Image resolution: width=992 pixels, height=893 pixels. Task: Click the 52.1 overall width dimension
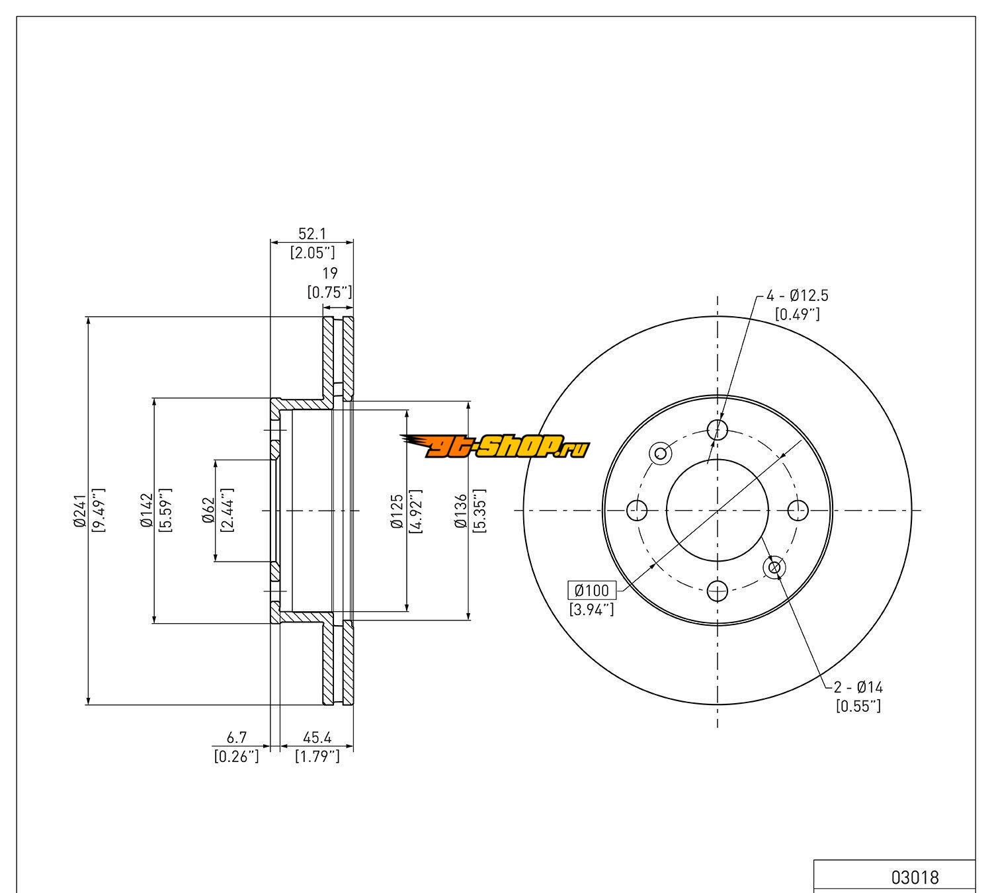point(312,234)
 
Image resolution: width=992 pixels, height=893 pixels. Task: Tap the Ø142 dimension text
point(146,511)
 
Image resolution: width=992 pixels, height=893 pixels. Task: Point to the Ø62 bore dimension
point(208,511)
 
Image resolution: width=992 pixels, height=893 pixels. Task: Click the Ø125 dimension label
point(397,511)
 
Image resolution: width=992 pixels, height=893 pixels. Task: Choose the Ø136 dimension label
point(460,511)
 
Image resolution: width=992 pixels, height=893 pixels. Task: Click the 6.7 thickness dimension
point(237,737)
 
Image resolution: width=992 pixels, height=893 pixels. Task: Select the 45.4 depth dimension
point(317,737)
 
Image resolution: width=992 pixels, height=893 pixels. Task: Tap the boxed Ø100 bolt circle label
point(592,590)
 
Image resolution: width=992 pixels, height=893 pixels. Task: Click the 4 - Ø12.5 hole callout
point(797,296)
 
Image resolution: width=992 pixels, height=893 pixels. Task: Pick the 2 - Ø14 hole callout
point(858,687)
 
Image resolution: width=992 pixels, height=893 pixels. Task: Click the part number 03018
point(915,878)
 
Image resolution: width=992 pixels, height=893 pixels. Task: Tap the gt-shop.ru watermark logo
point(494,448)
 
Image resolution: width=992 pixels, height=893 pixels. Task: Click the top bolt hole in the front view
point(718,429)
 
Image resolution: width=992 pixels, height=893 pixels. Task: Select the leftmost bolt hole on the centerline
point(637,510)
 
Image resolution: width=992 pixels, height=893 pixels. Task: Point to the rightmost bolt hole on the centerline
point(799,510)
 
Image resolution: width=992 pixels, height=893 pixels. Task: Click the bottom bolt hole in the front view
point(718,590)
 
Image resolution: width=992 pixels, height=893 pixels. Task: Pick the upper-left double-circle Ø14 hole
point(660,453)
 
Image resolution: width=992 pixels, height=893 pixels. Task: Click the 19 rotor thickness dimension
point(330,273)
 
